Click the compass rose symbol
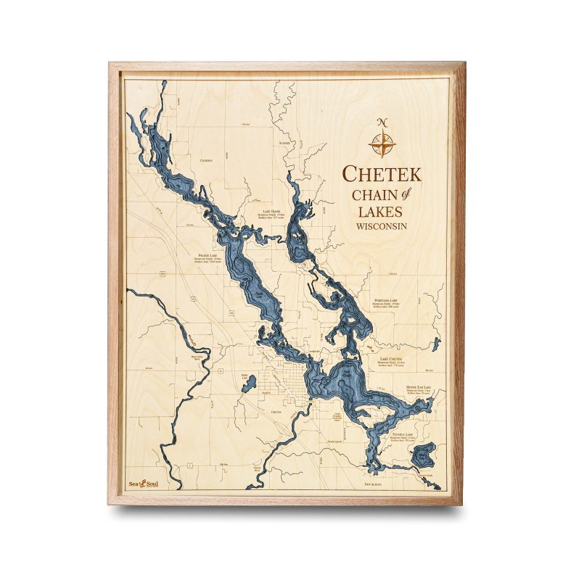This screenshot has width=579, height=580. (x=382, y=143)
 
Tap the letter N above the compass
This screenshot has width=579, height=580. (x=382, y=121)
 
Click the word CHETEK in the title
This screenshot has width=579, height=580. (x=381, y=175)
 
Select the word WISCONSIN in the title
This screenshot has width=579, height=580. (x=381, y=227)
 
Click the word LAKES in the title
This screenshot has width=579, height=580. (x=379, y=211)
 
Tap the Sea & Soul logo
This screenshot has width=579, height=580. (x=144, y=484)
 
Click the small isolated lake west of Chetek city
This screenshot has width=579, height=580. (x=249, y=384)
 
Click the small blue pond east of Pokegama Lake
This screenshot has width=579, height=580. (x=435, y=343)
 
